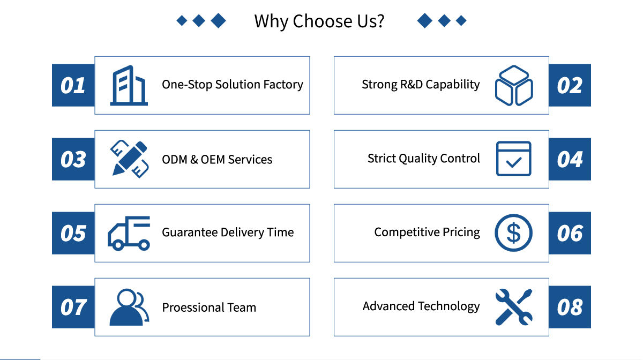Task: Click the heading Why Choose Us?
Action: coord(319,21)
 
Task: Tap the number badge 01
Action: coord(73,85)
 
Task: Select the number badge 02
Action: coord(570,85)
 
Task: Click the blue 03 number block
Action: coord(73,159)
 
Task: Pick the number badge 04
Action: coord(570,159)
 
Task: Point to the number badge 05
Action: coord(73,233)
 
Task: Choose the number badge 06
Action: coord(570,233)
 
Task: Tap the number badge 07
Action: coord(73,307)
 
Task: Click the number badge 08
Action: coord(570,307)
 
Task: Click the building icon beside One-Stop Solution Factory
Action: coord(129,85)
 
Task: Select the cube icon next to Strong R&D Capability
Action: coord(514,85)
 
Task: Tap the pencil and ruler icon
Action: coord(129,159)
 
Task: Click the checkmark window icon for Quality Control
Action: coord(513,159)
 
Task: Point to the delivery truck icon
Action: coord(129,233)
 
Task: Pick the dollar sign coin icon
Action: coord(513,232)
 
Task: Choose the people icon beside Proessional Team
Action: coord(129,307)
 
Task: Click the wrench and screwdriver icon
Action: coord(513,307)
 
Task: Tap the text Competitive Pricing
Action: coord(427,232)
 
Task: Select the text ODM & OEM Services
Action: coord(217,160)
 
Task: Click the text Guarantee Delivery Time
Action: coord(228,232)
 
